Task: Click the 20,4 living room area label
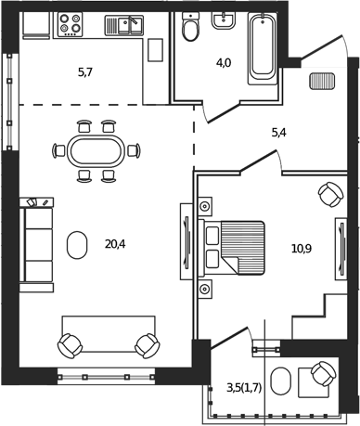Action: (x=116, y=245)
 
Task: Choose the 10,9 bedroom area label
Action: (x=302, y=249)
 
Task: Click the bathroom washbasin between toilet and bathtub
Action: (x=225, y=21)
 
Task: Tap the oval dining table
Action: (x=96, y=149)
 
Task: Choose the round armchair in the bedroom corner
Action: (x=328, y=195)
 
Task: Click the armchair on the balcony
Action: (x=322, y=375)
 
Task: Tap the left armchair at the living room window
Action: (x=71, y=345)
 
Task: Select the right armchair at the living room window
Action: (x=147, y=345)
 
